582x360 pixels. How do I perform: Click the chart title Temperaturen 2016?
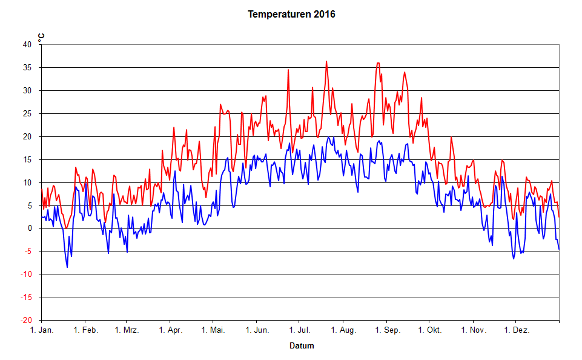[x=291, y=14]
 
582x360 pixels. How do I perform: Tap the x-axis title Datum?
[x=302, y=346]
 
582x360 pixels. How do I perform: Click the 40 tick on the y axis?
[x=27, y=44]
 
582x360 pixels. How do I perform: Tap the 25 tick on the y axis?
[x=27, y=113]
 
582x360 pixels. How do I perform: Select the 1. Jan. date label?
[x=42, y=331]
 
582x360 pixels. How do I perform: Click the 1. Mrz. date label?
[x=127, y=331]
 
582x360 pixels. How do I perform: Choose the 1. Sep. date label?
[x=387, y=331]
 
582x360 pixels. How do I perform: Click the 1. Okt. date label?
[x=429, y=331]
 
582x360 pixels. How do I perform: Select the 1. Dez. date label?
[x=516, y=331]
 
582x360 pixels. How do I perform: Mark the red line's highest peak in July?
[x=326, y=61]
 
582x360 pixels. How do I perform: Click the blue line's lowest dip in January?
[x=67, y=267]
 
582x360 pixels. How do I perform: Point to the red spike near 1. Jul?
[x=288, y=70]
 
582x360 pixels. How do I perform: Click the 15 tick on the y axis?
[x=27, y=159]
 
